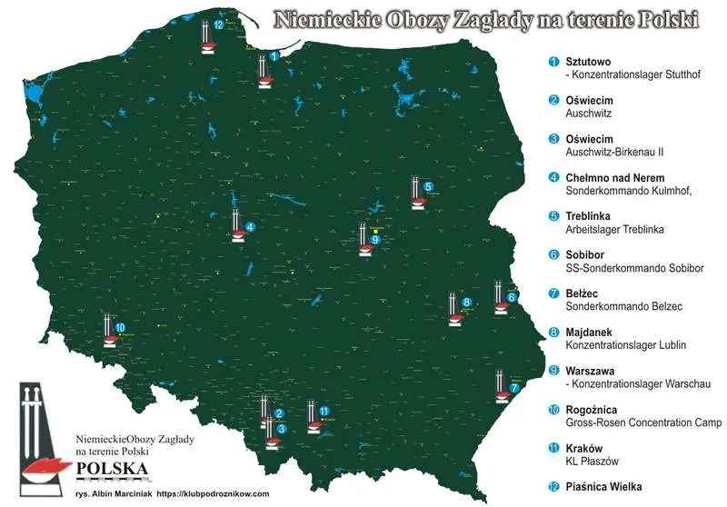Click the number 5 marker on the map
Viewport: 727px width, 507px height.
pyautogui.click(x=429, y=186)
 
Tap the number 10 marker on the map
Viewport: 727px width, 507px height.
pyautogui.click(x=120, y=328)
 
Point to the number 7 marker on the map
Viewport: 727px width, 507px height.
pyautogui.click(x=514, y=388)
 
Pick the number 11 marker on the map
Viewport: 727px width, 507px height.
pyautogui.click(x=324, y=411)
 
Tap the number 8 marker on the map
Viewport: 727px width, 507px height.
pyautogui.click(x=466, y=303)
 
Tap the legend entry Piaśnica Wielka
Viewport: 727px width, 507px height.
pyautogui.click(x=603, y=487)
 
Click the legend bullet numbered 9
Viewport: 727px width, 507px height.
pyautogui.click(x=553, y=371)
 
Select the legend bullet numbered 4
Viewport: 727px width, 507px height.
pyautogui.click(x=553, y=177)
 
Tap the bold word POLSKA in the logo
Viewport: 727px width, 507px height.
pyautogui.click(x=114, y=469)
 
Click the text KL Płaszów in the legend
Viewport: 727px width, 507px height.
pyautogui.click(x=589, y=462)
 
